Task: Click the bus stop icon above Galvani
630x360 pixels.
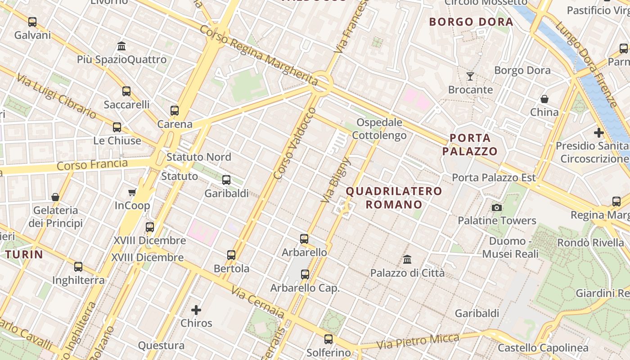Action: [x=32, y=22]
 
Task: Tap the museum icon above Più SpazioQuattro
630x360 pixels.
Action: [x=121, y=46]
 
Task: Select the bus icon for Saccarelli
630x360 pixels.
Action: [x=126, y=91]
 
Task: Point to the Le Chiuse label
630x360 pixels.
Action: [x=117, y=140]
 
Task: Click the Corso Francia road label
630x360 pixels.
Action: [x=92, y=164]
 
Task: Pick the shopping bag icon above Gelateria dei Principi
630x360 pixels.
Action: [x=55, y=197]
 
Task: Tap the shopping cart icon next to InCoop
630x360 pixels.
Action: [x=132, y=193]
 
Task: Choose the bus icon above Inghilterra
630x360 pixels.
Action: [x=78, y=267]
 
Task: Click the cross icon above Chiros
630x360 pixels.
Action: [x=196, y=310]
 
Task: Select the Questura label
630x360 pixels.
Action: [x=161, y=346]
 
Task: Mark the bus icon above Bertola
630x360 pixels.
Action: [x=231, y=255]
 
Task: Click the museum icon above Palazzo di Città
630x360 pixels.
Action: [x=407, y=259]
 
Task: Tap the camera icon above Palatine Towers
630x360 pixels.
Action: [x=497, y=207]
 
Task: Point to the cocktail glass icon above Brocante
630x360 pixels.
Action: [x=470, y=76]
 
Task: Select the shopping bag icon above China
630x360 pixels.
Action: [x=544, y=99]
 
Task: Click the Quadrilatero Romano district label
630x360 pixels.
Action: [x=394, y=198]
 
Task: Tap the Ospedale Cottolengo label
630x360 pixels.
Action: [x=379, y=129]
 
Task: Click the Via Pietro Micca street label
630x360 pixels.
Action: [x=418, y=341]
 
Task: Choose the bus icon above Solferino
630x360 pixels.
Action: [x=328, y=339]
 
